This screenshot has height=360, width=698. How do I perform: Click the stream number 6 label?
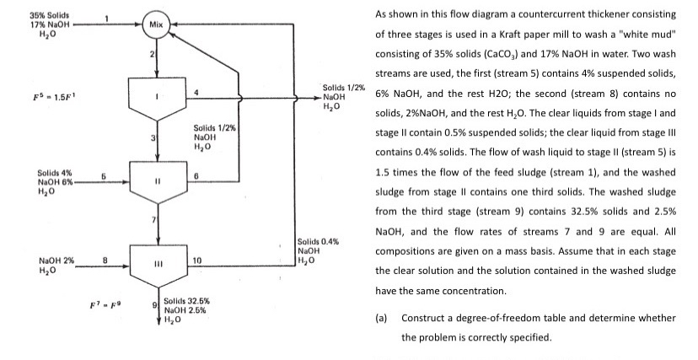(x=196, y=175)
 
